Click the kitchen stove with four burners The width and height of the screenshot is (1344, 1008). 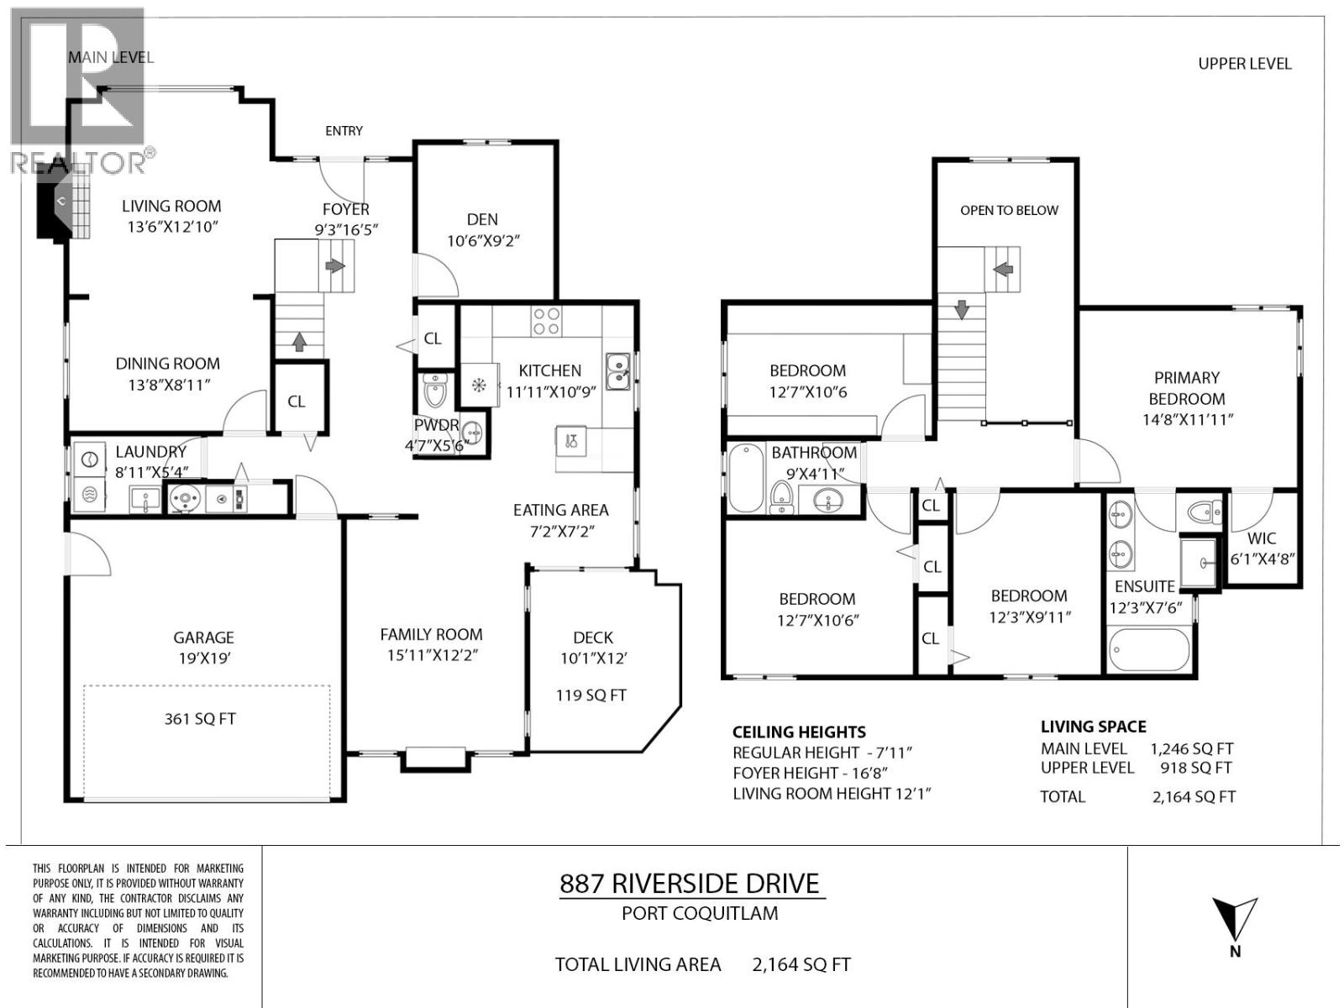coord(547,320)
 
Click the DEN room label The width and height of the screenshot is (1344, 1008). coord(482,219)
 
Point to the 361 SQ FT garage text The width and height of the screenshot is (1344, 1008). coord(200,719)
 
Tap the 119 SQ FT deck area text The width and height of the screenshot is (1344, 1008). coord(591,696)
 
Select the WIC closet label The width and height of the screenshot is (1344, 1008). coord(1262,538)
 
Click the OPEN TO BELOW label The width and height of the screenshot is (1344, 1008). coord(1009,210)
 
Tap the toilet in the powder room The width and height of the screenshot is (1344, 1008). coord(435,391)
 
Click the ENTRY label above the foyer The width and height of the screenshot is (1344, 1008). coord(344,131)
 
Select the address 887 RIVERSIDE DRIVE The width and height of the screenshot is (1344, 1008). coord(690,884)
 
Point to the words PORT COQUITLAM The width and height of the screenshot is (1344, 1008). coord(700,913)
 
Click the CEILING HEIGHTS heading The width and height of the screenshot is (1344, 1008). coord(799,732)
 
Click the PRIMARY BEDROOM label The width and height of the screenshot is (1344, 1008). coord(1186,388)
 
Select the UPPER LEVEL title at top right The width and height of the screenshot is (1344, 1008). coord(1244,64)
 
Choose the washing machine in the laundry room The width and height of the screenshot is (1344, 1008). coord(89,459)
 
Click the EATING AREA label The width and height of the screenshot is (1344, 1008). coord(560,510)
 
